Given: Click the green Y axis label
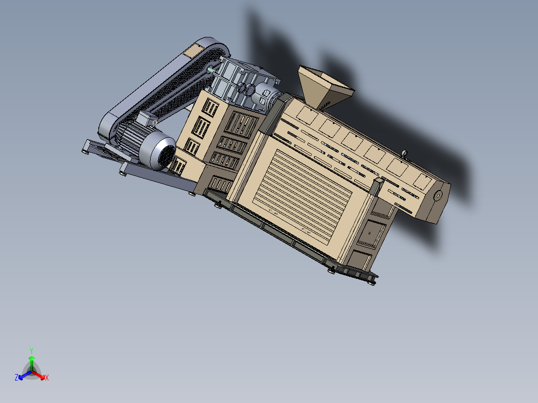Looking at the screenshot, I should [31, 350].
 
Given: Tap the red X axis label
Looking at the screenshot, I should [47, 378].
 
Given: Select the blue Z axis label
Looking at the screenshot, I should [16, 378].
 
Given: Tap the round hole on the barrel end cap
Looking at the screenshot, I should [438, 196].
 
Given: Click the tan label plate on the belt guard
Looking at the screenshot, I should [192, 50].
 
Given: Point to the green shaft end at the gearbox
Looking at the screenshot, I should [211, 70].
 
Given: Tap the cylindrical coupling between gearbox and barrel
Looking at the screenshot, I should [265, 97].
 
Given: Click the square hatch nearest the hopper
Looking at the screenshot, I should [306, 116].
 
